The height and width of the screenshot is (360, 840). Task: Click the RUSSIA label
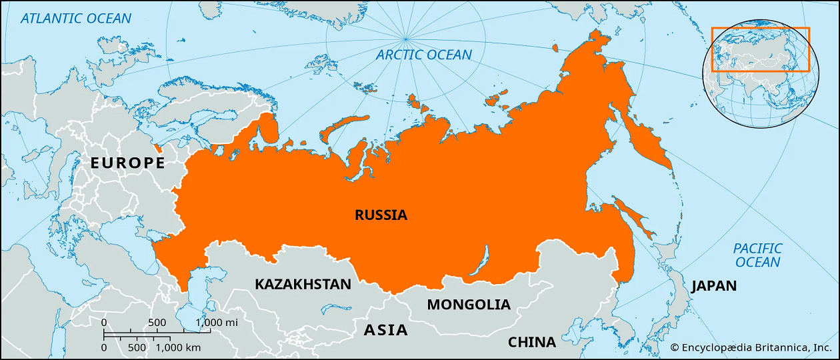pyautogui.click(x=381, y=215)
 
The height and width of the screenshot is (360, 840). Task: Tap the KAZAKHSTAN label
pyautogui.click(x=303, y=284)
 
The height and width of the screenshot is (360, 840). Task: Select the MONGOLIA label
pyautogui.click(x=469, y=305)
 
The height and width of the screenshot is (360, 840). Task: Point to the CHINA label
pyautogui.click(x=532, y=342)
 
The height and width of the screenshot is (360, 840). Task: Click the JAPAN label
pyautogui.click(x=714, y=286)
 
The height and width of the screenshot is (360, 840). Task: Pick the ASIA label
pyautogui.click(x=385, y=329)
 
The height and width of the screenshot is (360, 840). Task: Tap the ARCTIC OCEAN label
pyautogui.click(x=424, y=55)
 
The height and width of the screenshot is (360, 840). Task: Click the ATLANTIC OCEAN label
pyautogui.click(x=76, y=18)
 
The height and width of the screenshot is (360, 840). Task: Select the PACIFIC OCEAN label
pyautogui.click(x=758, y=255)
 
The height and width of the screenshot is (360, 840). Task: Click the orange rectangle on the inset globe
pyautogui.click(x=760, y=49)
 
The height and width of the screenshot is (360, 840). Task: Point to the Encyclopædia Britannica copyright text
pyautogui.click(x=751, y=347)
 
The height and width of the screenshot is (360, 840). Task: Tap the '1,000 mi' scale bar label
pyautogui.click(x=217, y=323)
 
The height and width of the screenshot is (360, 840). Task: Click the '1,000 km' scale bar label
pyautogui.click(x=178, y=347)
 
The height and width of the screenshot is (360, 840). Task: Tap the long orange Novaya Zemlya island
pyautogui.click(x=343, y=127)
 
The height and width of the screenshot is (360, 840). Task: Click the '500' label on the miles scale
pyautogui.click(x=157, y=323)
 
